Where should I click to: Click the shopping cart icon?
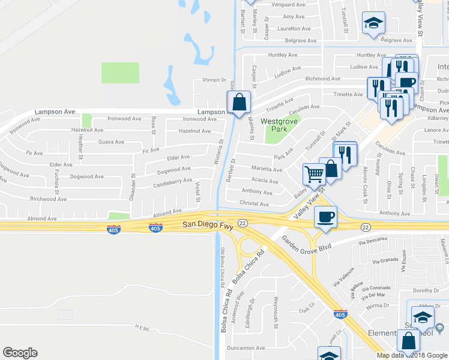314,174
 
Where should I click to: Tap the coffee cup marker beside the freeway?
325,217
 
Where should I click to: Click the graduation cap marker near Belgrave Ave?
373,24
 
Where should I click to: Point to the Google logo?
20,353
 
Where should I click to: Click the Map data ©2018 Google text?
412,355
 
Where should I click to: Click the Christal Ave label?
255,204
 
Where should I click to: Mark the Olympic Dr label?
212,79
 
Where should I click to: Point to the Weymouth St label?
276,312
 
